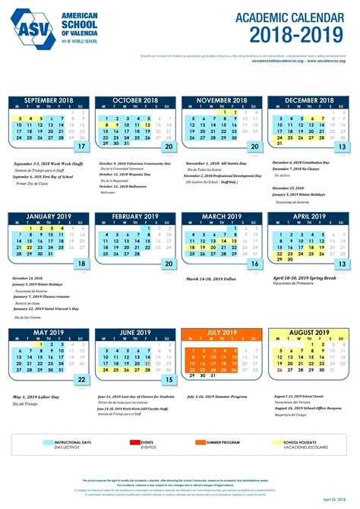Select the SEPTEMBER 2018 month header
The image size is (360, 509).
(48, 100)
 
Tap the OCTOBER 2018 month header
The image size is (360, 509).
(134, 100)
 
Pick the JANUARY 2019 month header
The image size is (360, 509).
(48, 217)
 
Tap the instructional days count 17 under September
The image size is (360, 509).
(81, 147)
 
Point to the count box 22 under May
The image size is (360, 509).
(81, 380)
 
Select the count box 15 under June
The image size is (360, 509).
(169, 380)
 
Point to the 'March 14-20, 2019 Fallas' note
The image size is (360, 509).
(208, 277)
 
